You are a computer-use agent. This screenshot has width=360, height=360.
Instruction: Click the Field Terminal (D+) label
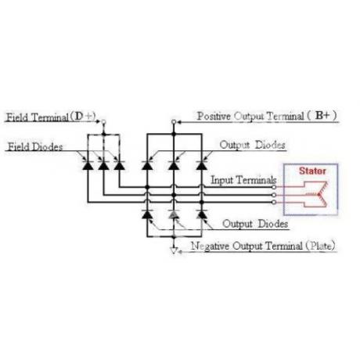(51, 117)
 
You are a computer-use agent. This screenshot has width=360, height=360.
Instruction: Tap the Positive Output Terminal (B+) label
(267, 116)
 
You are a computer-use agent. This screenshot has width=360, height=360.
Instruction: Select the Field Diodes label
(35, 147)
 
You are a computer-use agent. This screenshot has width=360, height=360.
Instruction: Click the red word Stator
(312, 171)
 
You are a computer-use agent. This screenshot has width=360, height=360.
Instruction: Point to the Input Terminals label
(243, 180)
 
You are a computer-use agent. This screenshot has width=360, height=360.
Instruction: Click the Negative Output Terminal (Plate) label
(263, 246)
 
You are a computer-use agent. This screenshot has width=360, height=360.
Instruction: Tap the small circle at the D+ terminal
(103, 121)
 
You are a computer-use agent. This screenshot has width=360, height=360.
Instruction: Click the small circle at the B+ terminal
(174, 121)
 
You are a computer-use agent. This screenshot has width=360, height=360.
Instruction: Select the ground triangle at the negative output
(174, 250)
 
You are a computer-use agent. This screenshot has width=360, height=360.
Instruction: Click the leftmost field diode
(88, 166)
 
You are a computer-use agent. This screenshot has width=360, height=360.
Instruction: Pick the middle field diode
(103, 166)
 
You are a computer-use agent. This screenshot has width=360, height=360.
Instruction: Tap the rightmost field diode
(119, 166)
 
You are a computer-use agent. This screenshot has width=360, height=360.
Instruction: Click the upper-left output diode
(147, 166)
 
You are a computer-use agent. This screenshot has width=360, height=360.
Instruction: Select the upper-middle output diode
(174, 166)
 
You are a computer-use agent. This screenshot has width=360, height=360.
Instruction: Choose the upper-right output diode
(202, 166)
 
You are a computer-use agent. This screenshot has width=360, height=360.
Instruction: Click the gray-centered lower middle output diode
(174, 214)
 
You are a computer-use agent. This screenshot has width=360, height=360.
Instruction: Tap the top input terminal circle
(274, 187)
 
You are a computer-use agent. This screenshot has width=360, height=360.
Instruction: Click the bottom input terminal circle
(274, 202)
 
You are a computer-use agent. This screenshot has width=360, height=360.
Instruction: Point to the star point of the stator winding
(319, 194)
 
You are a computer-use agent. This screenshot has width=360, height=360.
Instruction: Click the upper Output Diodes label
(252, 145)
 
